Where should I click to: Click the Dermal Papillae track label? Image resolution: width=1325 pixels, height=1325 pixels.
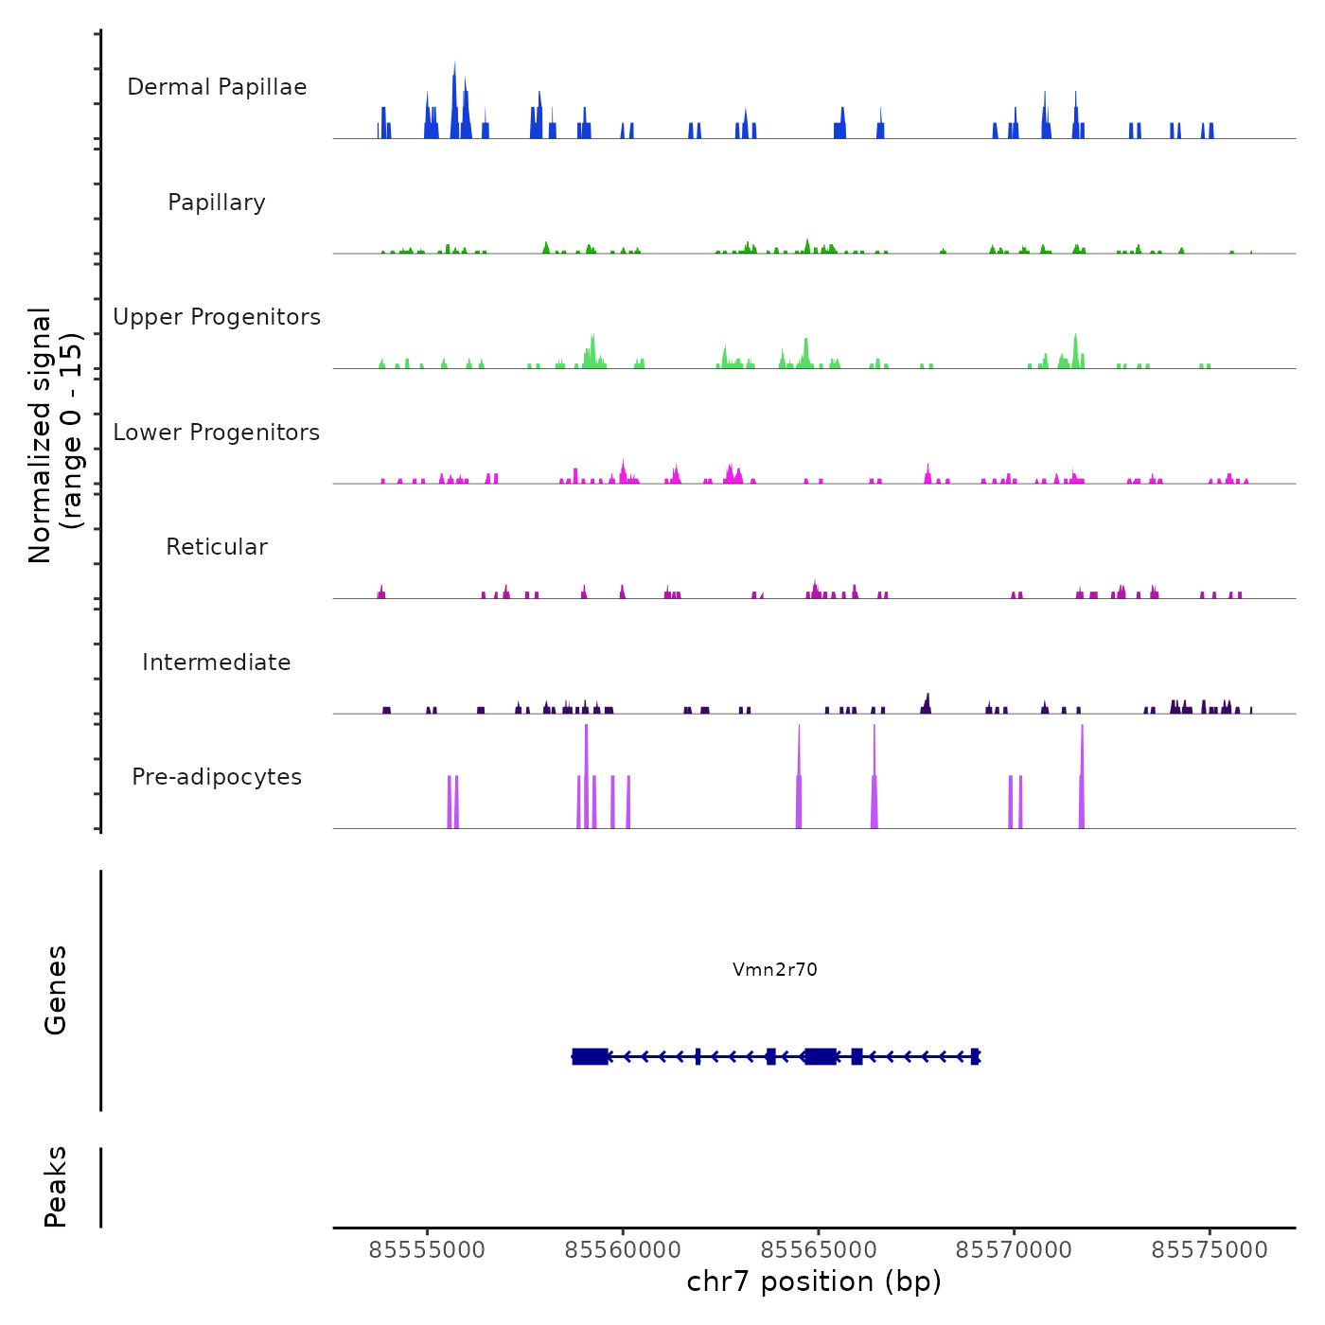click(x=217, y=87)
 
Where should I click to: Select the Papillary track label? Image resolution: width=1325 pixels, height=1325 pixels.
click(x=217, y=203)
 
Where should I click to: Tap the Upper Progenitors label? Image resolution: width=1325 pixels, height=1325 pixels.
click(x=217, y=317)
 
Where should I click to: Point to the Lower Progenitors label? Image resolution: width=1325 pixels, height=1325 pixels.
click(x=217, y=433)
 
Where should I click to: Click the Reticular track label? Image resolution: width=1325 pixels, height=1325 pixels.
click(x=217, y=547)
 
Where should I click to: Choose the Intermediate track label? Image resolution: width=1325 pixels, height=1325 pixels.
click(x=217, y=662)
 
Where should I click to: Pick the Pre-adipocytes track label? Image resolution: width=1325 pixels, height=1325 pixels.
click(x=217, y=777)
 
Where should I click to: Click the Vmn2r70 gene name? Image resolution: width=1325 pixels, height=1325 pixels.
click(x=774, y=969)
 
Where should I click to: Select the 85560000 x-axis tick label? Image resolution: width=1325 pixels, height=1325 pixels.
click(x=623, y=1250)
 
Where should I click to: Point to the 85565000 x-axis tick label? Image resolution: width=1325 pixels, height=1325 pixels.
click(x=819, y=1250)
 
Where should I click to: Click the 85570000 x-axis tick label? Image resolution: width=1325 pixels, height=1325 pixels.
click(x=1014, y=1250)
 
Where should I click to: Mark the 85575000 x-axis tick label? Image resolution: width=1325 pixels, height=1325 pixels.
click(x=1210, y=1250)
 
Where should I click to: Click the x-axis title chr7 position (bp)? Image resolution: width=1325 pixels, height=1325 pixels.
click(x=814, y=1281)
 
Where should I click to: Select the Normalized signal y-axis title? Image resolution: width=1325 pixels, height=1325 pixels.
click(x=55, y=435)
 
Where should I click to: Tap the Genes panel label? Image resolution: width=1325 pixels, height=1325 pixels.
click(x=56, y=990)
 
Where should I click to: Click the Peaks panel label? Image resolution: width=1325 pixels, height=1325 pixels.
click(x=56, y=1187)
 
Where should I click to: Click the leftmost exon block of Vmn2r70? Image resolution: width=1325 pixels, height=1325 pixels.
click(x=590, y=1056)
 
